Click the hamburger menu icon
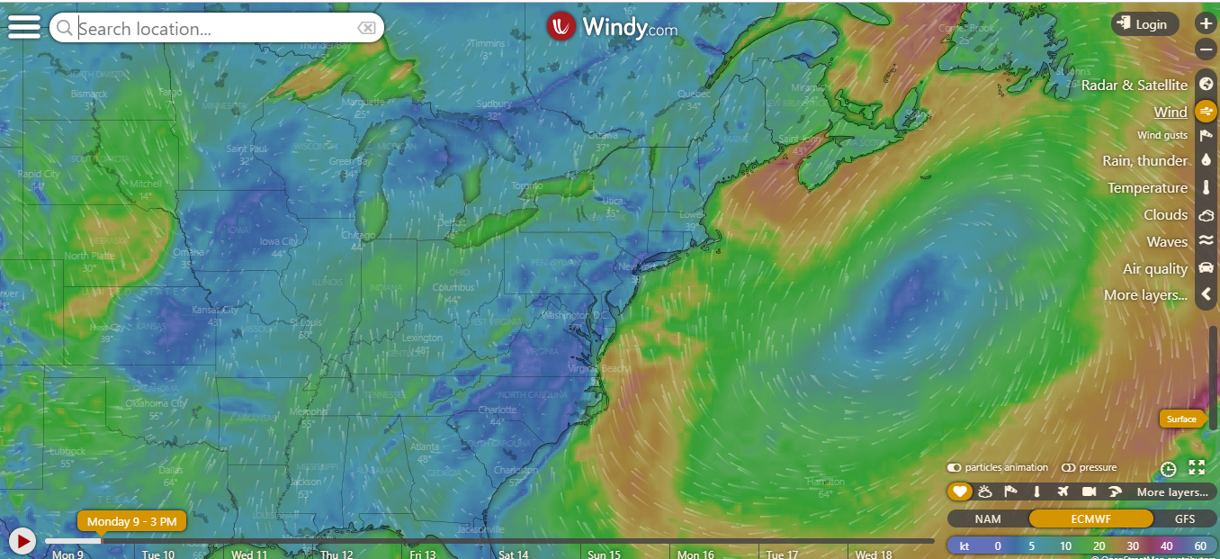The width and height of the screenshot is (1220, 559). click(23, 26)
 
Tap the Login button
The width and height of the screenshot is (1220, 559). click(1144, 24)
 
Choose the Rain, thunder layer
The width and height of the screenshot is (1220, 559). click(1144, 160)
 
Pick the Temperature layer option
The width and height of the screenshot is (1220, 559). click(1147, 187)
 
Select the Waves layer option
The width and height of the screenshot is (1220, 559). click(1167, 241)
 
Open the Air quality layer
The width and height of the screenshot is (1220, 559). click(1155, 268)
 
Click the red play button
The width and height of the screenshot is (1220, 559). click(22, 540)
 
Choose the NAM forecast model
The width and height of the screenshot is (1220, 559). click(987, 518)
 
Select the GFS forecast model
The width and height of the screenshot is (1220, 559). click(1185, 518)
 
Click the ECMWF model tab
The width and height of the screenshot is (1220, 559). click(1090, 518)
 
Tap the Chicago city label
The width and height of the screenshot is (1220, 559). click(358, 236)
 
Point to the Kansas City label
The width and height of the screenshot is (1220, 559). click(214, 311)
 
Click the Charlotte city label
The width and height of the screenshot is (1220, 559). click(498, 410)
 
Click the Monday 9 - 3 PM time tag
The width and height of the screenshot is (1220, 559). click(132, 521)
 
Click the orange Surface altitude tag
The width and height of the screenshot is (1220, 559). click(1181, 419)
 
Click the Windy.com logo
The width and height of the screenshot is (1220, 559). click(612, 27)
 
